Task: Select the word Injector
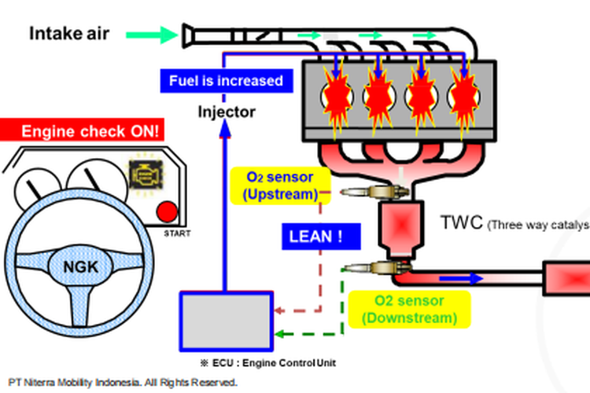click(226, 112)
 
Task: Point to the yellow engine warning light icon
click(145, 174)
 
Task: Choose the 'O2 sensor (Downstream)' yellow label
click(409, 310)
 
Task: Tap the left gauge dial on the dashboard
click(35, 182)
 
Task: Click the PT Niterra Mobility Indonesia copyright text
click(122, 383)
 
